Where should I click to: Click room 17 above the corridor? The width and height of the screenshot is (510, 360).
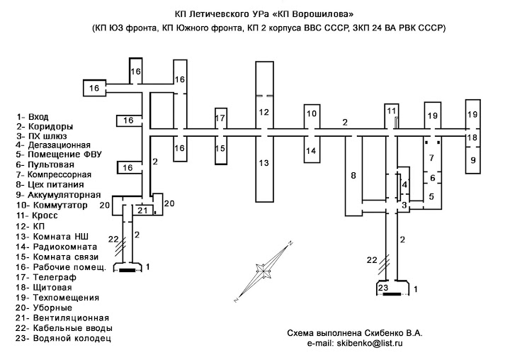point(220,118)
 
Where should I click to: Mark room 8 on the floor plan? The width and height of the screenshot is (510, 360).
point(353,176)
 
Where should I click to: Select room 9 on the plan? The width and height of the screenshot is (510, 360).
point(473,160)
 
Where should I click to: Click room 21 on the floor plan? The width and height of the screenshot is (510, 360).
point(142,210)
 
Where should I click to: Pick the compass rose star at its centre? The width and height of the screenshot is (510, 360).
point(263,270)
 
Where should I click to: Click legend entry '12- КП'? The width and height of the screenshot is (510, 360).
point(30,226)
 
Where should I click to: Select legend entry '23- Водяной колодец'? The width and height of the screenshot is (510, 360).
point(63,338)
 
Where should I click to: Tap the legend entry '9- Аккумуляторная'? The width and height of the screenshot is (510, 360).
point(59,195)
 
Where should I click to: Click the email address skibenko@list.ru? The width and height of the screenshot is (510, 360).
point(370,343)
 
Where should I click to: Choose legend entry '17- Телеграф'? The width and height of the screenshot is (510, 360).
point(46,277)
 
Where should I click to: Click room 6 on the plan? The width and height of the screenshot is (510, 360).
point(432,178)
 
